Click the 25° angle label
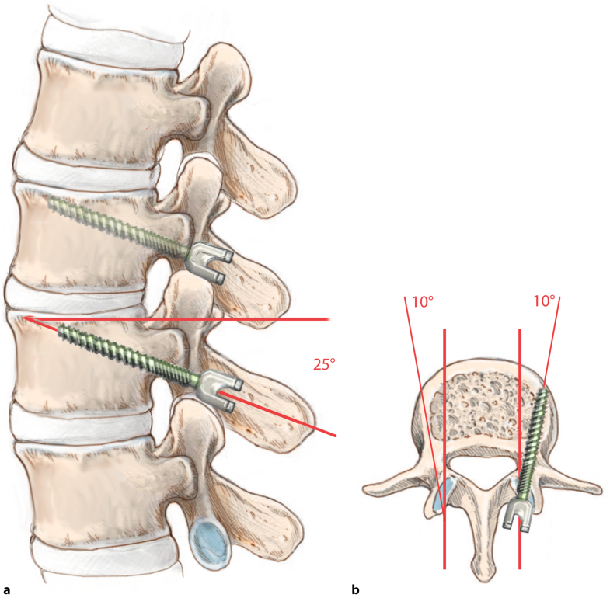pyautogui.click(x=324, y=364)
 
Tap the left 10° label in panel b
pyautogui.click(x=423, y=302)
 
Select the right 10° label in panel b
pyautogui.click(x=544, y=301)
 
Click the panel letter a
pyautogui.click(x=6, y=589)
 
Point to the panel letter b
pyautogui.click(x=356, y=589)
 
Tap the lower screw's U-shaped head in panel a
pyautogui.click(x=219, y=391)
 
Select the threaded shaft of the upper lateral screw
pyautogui.click(x=119, y=226)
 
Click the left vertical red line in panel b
pyautogui.click(x=444, y=449)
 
